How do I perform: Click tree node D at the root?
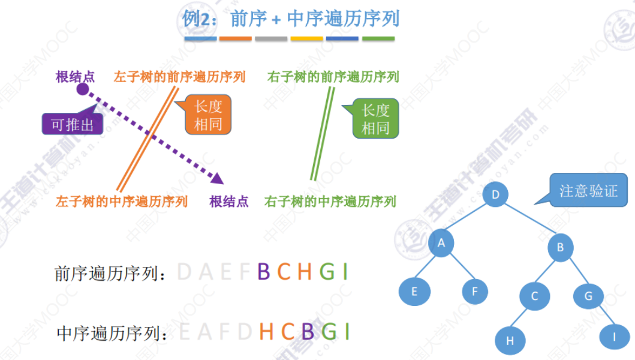click(495, 194)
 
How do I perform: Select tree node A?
click(441, 243)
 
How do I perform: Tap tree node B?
click(560, 247)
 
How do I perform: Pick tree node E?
click(414, 292)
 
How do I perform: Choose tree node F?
click(475, 292)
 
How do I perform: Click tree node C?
click(534, 296)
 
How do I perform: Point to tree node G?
click(588, 296)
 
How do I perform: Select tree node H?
click(510, 341)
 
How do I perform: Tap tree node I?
click(613, 337)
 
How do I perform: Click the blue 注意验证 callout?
click(588, 191)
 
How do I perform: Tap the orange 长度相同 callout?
click(207, 115)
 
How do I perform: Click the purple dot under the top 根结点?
click(83, 90)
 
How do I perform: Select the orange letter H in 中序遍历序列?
click(266, 331)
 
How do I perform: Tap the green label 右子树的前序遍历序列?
click(333, 77)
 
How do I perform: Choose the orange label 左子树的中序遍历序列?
click(122, 201)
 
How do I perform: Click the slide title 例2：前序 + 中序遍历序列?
click(291, 19)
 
